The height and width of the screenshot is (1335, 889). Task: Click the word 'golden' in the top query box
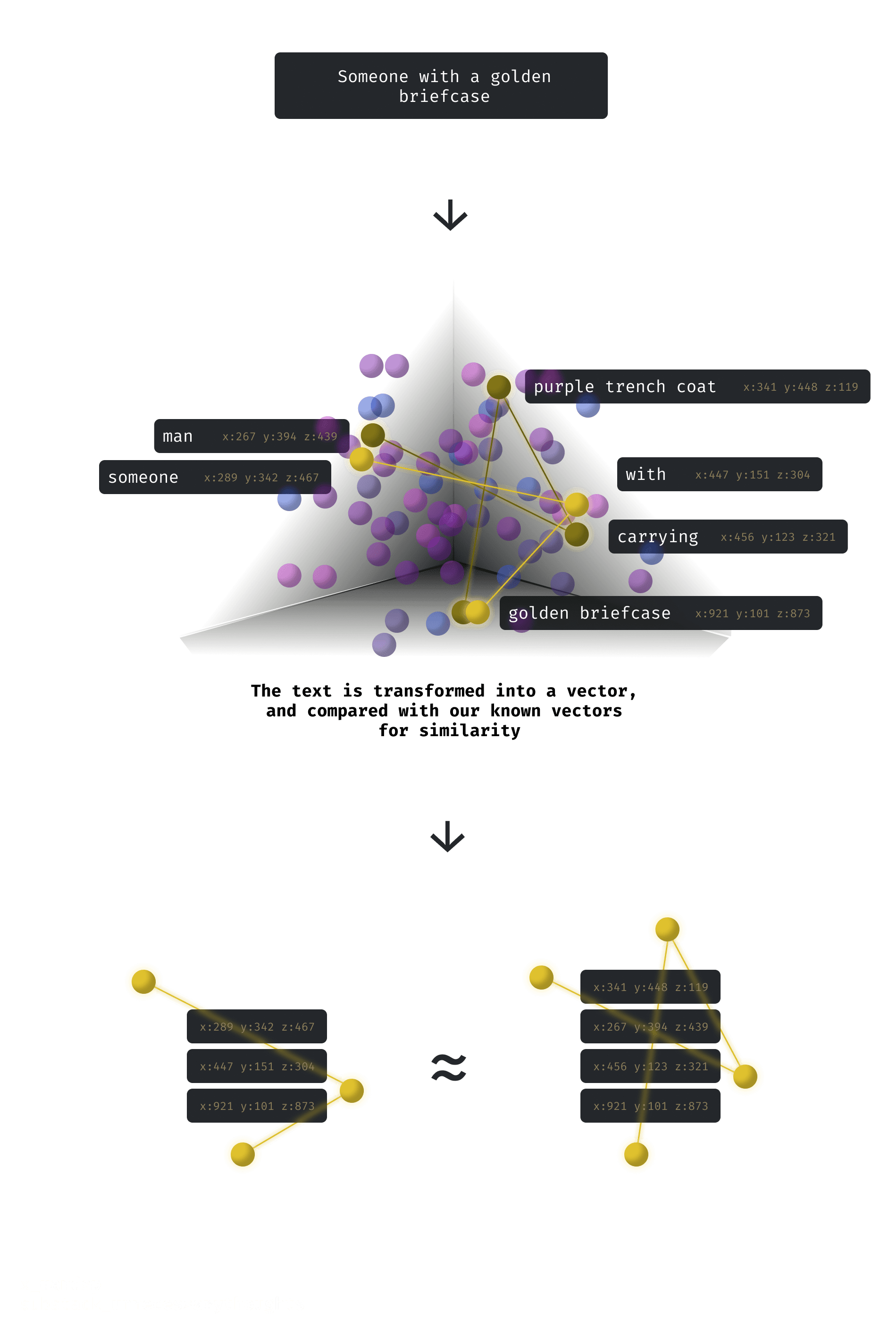(x=520, y=76)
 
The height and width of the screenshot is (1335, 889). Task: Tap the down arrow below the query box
(x=450, y=215)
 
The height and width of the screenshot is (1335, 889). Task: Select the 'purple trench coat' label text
(x=624, y=386)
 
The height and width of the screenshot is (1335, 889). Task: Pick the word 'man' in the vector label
(x=177, y=437)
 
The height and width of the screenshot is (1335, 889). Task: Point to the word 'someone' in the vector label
(x=143, y=477)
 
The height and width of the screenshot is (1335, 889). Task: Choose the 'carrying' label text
(x=657, y=537)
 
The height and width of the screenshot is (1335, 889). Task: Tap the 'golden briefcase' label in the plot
(x=589, y=613)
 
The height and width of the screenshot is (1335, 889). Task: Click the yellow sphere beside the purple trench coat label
(x=498, y=386)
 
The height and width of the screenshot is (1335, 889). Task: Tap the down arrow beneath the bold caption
(x=448, y=836)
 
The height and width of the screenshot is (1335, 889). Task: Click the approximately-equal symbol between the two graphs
(x=448, y=1067)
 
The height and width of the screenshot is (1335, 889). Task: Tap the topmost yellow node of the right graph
(x=667, y=929)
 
